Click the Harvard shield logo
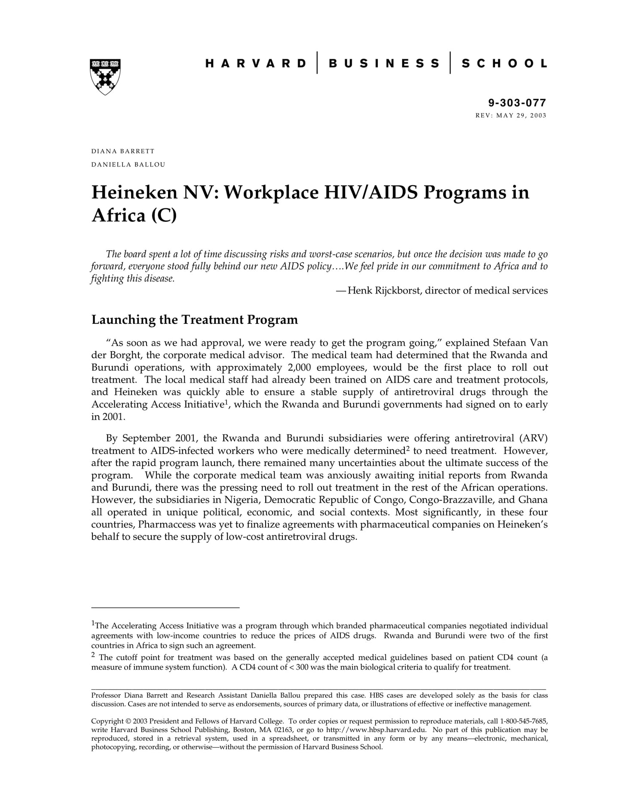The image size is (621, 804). click(x=105, y=77)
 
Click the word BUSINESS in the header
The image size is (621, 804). click(x=384, y=64)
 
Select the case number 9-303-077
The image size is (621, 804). click(x=517, y=103)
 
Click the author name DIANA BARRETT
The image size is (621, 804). click(x=123, y=151)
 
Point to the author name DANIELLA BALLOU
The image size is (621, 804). click(x=128, y=164)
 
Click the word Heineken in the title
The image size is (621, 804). click(x=135, y=192)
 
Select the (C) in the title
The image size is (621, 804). click(x=164, y=215)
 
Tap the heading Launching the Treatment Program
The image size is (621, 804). click(x=195, y=319)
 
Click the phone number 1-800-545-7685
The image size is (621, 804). click(x=525, y=721)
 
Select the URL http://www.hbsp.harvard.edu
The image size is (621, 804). click(x=376, y=730)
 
